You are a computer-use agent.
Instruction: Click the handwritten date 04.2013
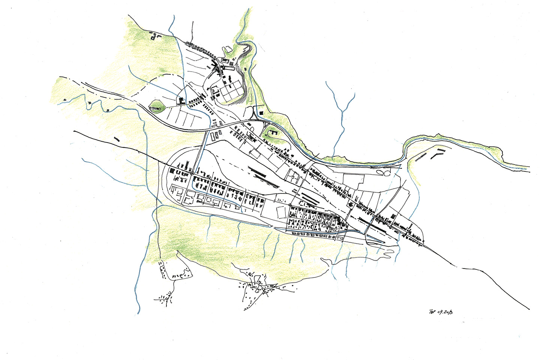445,311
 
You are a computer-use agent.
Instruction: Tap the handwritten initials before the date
432,311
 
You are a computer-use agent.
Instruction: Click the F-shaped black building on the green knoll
273,132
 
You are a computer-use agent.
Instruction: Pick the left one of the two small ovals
379,173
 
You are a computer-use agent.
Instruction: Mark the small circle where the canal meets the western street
192,174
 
